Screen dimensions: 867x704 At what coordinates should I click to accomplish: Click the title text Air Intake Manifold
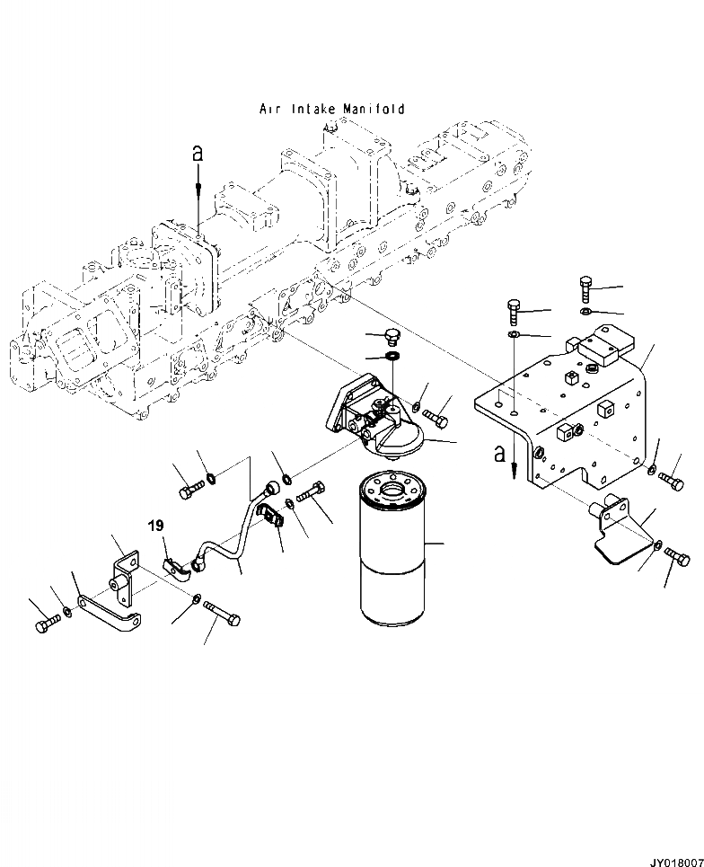(331, 110)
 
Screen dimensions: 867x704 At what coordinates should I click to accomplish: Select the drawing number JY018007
(670, 859)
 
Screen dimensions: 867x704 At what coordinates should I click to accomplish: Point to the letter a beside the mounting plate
(500, 455)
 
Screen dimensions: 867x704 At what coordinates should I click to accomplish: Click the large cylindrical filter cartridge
(392, 553)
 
